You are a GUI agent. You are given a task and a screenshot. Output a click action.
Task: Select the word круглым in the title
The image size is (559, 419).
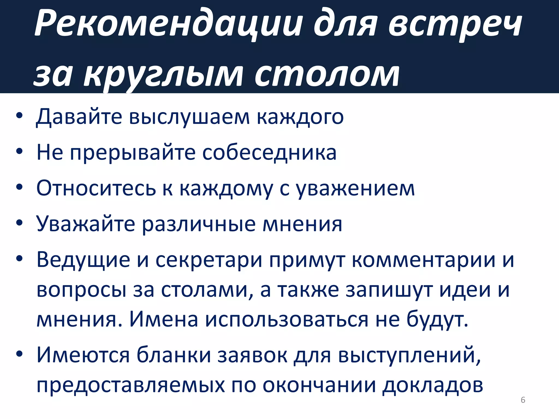163,75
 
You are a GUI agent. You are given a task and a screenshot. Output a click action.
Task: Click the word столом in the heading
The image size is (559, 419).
327,75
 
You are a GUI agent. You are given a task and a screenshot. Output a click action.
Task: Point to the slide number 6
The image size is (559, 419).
523,400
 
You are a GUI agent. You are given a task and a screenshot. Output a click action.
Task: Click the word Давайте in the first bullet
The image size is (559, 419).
79,117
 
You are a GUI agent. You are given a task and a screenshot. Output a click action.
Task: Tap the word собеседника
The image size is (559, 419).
269,153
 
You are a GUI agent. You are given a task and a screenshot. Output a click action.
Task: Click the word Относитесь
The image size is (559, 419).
96,188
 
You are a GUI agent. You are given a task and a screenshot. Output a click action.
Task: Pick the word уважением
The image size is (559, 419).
355,189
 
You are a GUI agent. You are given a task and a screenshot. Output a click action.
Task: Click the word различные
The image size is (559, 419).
199,224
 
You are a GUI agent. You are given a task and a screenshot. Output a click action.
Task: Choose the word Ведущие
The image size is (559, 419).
83,260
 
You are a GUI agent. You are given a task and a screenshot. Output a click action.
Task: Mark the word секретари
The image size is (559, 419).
209,260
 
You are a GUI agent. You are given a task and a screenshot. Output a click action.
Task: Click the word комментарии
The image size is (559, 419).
423,260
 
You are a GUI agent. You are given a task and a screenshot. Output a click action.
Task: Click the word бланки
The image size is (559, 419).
174,355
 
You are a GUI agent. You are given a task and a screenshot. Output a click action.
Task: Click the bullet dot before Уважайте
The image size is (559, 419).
19,223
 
